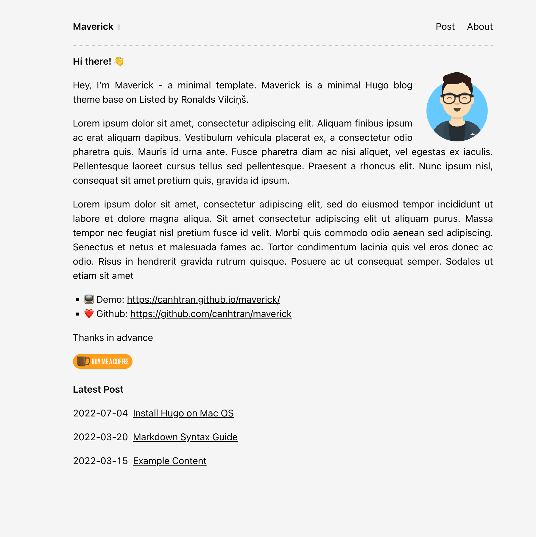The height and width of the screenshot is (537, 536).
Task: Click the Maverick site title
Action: [93, 27]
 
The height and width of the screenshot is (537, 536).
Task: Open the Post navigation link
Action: [445, 27]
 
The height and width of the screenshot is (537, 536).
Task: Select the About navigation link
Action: [479, 27]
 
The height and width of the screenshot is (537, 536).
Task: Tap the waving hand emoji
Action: [119, 61]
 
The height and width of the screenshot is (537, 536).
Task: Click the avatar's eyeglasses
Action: [457, 99]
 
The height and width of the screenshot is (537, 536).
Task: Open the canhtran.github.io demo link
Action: [203, 299]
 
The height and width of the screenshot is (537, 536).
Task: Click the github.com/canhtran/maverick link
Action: [211, 314]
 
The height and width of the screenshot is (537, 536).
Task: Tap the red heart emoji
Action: [89, 313]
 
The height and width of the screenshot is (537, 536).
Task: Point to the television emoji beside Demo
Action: [89, 299]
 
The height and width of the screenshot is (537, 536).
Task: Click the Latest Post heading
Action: [98, 389]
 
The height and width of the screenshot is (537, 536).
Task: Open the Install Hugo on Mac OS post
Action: [183, 413]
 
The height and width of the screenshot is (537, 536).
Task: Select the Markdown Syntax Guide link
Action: [185, 437]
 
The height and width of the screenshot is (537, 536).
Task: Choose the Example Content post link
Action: [169, 461]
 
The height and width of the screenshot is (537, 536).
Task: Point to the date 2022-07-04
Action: [100, 413]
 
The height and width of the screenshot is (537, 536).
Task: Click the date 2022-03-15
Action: [100, 461]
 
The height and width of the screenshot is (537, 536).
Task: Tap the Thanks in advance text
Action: [113, 338]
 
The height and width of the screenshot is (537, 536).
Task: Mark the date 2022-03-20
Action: [100, 437]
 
